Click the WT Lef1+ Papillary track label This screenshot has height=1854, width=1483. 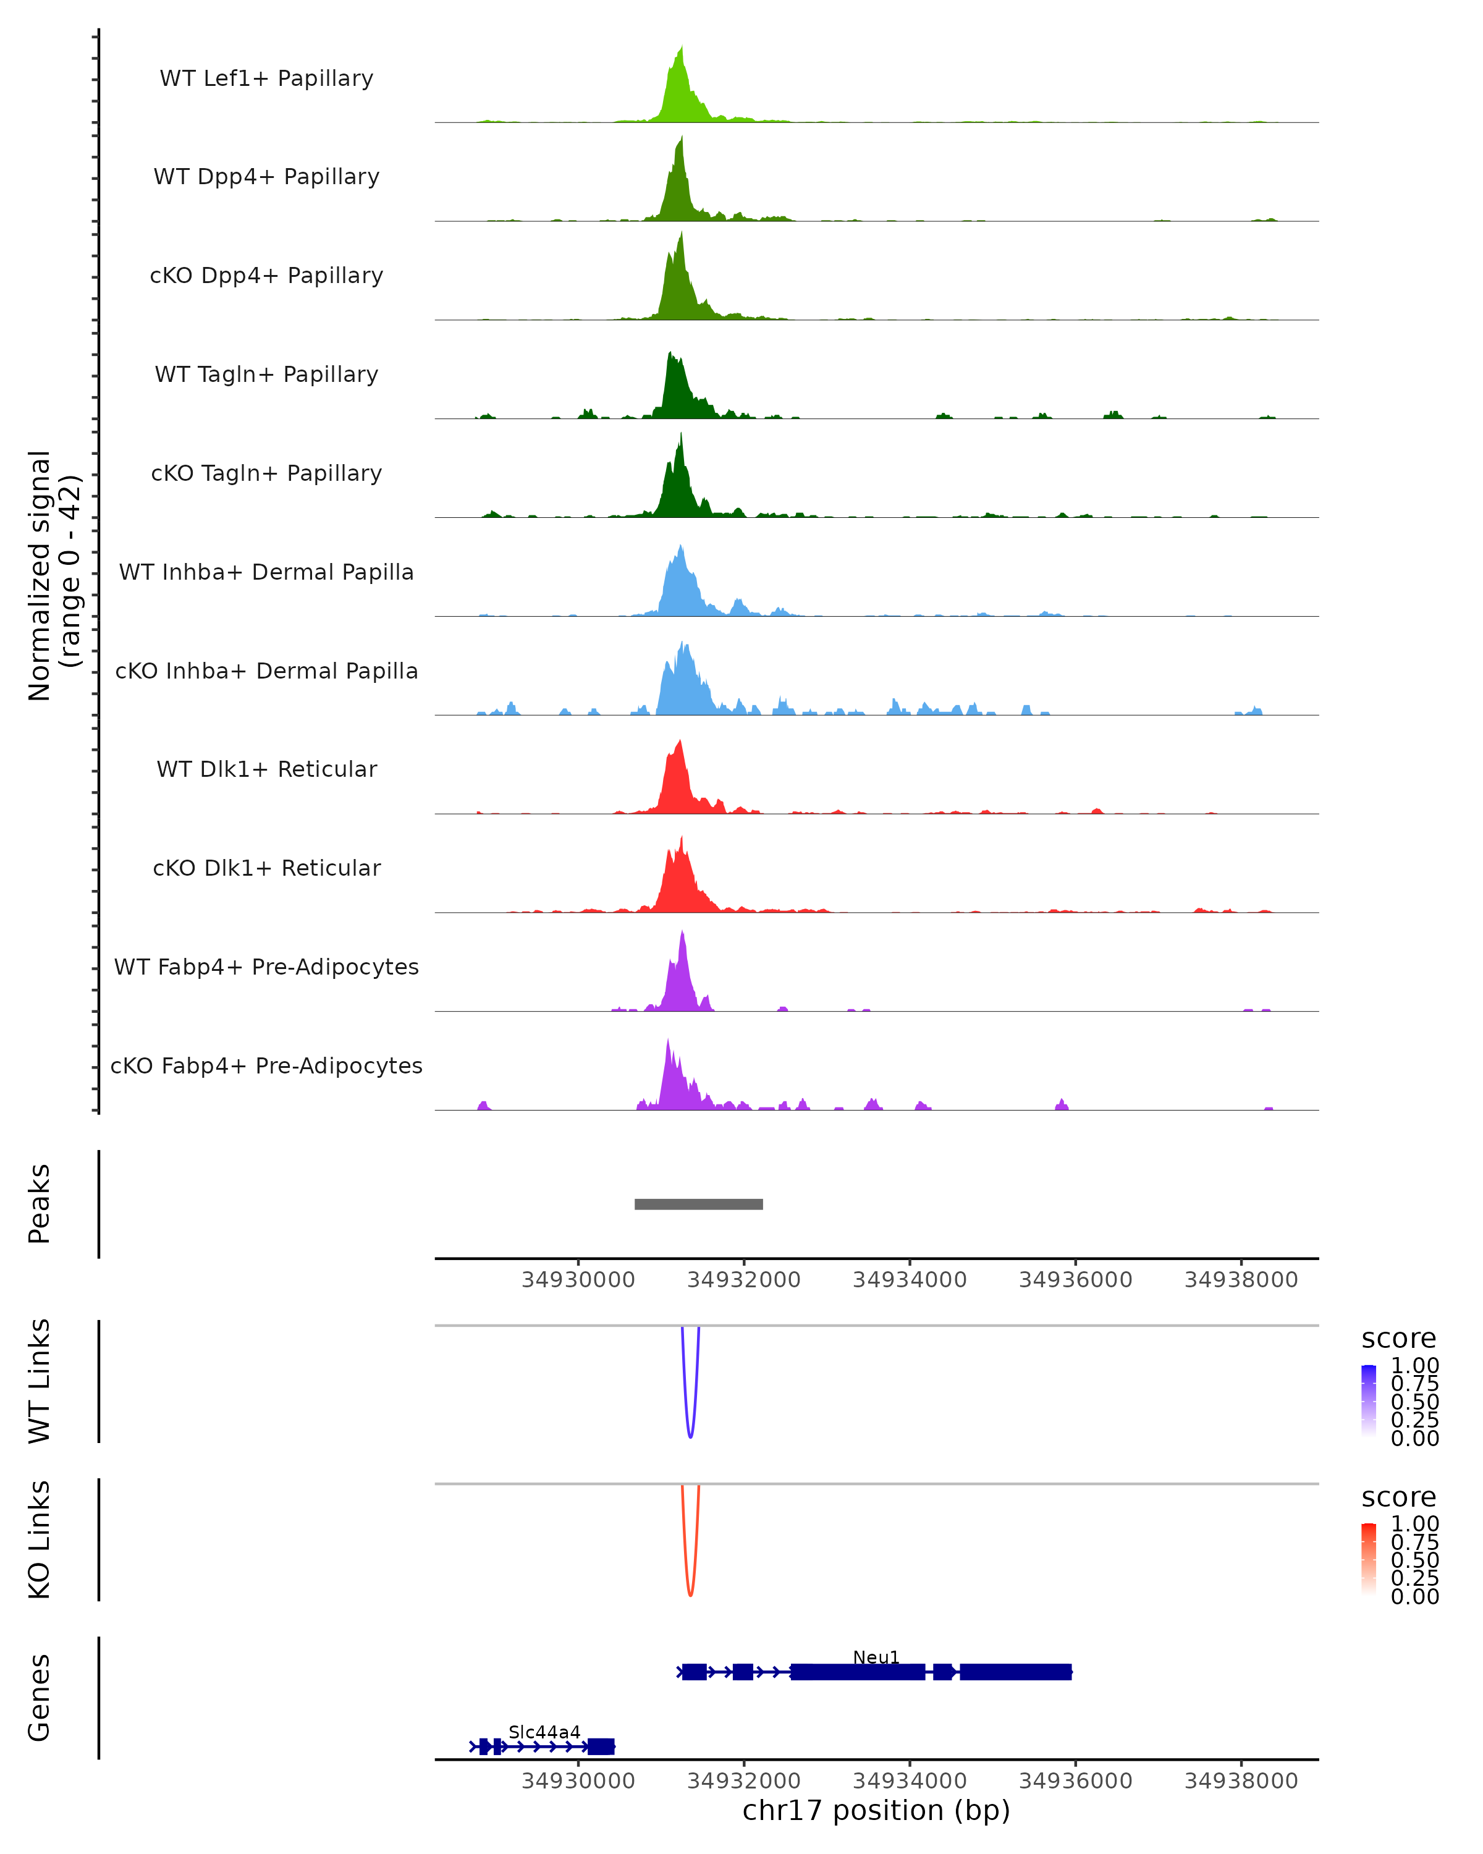tap(266, 79)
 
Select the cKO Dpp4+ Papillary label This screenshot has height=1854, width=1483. tap(266, 276)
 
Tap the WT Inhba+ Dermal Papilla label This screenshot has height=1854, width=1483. tap(266, 573)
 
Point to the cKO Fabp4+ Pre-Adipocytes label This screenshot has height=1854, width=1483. tap(266, 1066)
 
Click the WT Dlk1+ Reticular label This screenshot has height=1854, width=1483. tap(266, 769)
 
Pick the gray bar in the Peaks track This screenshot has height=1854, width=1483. tap(698, 1204)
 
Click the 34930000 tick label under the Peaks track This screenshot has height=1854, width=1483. tap(578, 1280)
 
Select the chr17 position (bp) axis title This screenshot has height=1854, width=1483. tap(876, 1811)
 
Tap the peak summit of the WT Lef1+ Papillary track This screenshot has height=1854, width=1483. tap(682, 48)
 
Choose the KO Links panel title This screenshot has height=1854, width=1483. tap(40, 1539)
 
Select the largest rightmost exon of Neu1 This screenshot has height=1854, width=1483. tap(1015, 1672)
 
